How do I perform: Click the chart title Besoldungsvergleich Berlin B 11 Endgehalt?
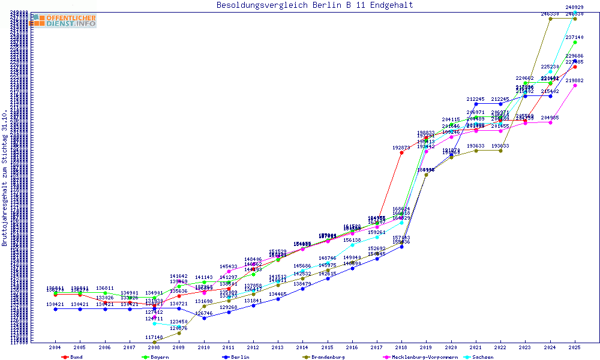(314, 5)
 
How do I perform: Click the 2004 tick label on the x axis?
(55, 347)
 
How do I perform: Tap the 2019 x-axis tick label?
(426, 347)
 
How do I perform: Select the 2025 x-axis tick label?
(575, 347)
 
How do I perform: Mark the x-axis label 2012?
(253, 347)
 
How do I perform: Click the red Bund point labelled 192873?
(401, 153)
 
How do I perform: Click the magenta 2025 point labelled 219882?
(575, 85)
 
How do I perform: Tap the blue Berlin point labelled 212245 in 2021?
(476, 104)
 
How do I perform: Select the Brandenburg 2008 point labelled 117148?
(154, 343)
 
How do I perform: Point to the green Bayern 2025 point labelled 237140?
(575, 43)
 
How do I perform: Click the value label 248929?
(575, 7)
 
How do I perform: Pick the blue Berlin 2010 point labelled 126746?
(204, 318)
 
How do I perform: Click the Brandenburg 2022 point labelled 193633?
(500, 151)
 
